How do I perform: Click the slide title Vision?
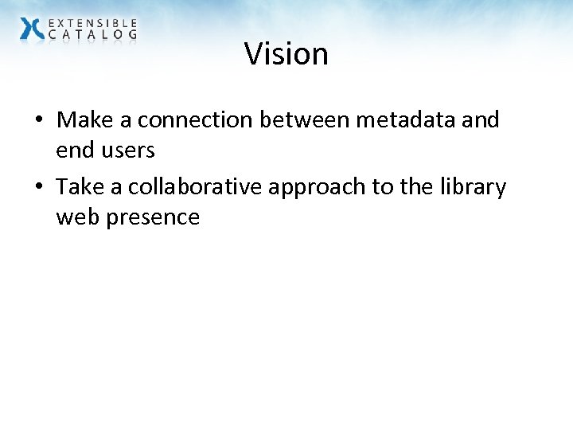[x=286, y=54]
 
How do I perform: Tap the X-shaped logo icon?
[x=32, y=29]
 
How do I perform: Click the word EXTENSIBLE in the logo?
[x=92, y=23]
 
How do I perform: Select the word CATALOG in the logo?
[x=92, y=34]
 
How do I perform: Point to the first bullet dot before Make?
[x=38, y=121]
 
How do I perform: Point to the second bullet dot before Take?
[x=38, y=188]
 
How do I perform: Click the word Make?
[x=83, y=120]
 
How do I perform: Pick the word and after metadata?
[x=481, y=120]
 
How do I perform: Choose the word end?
[x=74, y=150]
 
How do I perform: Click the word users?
[x=127, y=150]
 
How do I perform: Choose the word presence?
[x=152, y=217]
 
